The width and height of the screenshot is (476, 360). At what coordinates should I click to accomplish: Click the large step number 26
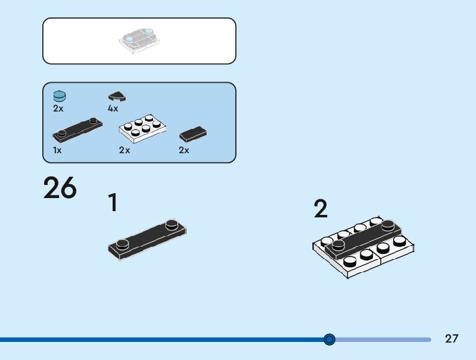(x=60, y=188)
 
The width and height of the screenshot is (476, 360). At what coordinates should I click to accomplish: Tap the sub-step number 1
(x=113, y=203)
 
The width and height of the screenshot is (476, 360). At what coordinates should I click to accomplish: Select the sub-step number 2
(x=320, y=209)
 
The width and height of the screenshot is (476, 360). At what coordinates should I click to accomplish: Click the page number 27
(x=452, y=339)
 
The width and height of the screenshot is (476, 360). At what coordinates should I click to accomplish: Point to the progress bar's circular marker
(x=330, y=339)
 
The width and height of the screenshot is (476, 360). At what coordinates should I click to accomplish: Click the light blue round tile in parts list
(x=60, y=96)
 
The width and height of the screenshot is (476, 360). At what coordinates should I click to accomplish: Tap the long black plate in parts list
(x=78, y=128)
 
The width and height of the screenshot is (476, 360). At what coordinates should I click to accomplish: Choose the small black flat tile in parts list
(x=193, y=133)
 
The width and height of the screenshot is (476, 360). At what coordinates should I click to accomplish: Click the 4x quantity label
(x=113, y=108)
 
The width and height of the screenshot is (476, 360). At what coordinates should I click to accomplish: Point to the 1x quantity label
(x=57, y=150)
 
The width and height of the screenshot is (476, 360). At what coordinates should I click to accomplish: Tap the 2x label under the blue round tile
(x=58, y=108)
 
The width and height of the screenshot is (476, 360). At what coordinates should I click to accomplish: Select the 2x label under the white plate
(x=124, y=150)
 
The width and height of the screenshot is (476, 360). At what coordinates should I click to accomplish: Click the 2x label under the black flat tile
(x=184, y=150)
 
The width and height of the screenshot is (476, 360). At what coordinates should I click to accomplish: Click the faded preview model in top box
(x=139, y=41)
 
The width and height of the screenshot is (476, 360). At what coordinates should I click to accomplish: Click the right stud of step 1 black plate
(x=172, y=223)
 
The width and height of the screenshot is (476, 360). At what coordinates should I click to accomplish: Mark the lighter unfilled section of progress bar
(x=383, y=339)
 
